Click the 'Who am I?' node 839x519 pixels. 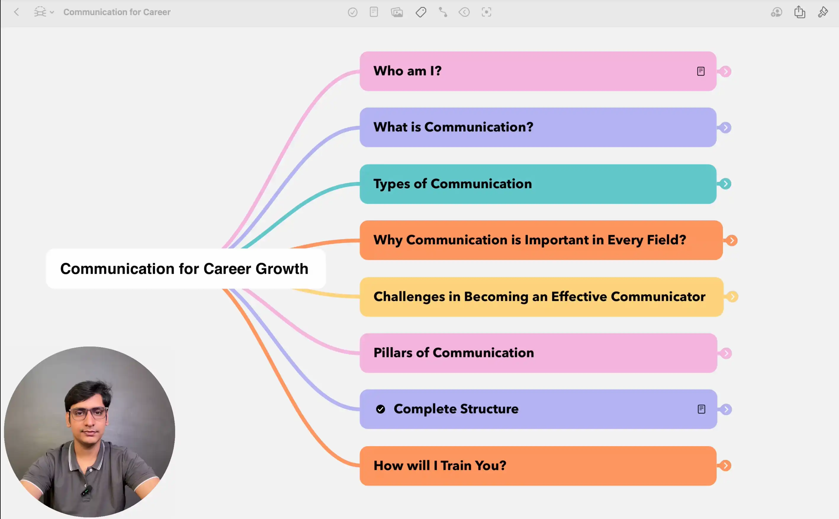538,71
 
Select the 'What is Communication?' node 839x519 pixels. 538,127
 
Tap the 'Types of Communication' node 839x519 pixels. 538,184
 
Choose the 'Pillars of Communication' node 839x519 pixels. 538,353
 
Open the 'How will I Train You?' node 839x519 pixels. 538,466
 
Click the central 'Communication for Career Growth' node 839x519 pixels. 186,269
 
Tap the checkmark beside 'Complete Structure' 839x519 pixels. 380,409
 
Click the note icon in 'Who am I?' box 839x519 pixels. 701,71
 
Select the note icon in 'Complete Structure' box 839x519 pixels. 702,409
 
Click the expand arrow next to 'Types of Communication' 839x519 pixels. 726,184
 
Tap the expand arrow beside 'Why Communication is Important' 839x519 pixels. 732,241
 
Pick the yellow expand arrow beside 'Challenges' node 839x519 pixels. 732,297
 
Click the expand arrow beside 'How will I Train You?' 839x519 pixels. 726,466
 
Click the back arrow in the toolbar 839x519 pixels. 17,12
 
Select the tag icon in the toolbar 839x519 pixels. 421,12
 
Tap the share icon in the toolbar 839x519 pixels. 800,12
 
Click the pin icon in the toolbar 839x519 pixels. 823,12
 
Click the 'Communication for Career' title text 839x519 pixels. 117,12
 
